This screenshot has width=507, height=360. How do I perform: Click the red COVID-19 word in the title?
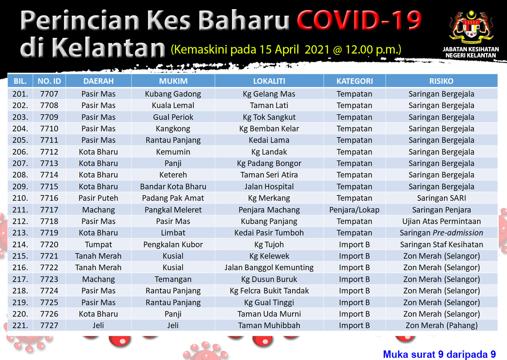point(359,20)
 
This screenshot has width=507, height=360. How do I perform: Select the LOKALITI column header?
point(269,81)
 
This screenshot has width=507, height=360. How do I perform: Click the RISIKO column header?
point(441,81)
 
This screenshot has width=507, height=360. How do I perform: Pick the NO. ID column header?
point(49,81)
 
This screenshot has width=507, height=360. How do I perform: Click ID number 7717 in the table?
point(49,209)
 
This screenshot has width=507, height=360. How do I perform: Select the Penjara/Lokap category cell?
point(354,210)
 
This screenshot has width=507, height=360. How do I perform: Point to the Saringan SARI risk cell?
point(441,198)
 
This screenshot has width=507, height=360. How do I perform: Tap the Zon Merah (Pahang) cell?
point(441,325)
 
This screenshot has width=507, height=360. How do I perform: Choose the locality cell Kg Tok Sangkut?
point(269,117)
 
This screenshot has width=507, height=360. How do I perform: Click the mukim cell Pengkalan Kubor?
point(173,245)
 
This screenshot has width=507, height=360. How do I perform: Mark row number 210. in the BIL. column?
point(20,198)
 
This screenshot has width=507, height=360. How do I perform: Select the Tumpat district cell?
point(98,245)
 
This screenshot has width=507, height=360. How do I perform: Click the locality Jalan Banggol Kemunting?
point(269,267)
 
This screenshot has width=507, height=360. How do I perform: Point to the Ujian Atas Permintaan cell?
point(441,221)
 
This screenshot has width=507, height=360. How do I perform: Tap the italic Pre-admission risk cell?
point(441,233)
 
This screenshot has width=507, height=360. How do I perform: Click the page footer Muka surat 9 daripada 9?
point(440,354)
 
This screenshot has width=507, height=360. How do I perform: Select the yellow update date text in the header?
point(286,50)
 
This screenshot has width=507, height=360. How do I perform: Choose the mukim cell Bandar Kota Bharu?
point(173,187)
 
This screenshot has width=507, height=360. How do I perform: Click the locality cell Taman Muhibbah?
point(269,325)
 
